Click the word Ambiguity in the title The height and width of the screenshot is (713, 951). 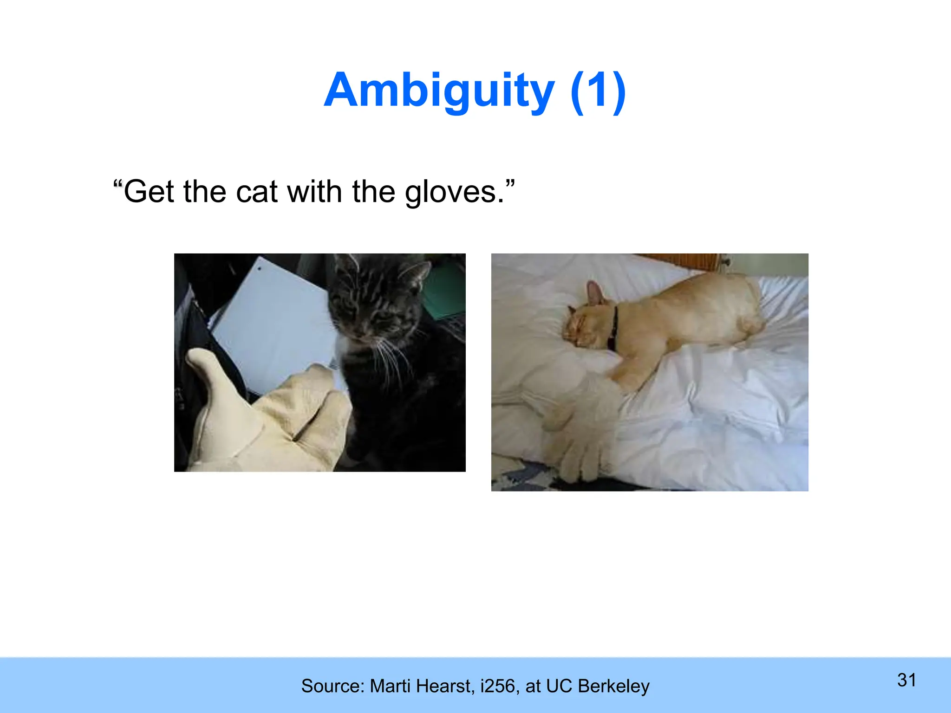coord(439,91)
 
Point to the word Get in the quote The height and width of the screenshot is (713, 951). coord(150,192)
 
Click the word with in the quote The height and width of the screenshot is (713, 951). coord(314,192)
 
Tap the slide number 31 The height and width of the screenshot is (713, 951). coord(906,680)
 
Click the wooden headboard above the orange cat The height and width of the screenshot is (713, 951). coord(678,262)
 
